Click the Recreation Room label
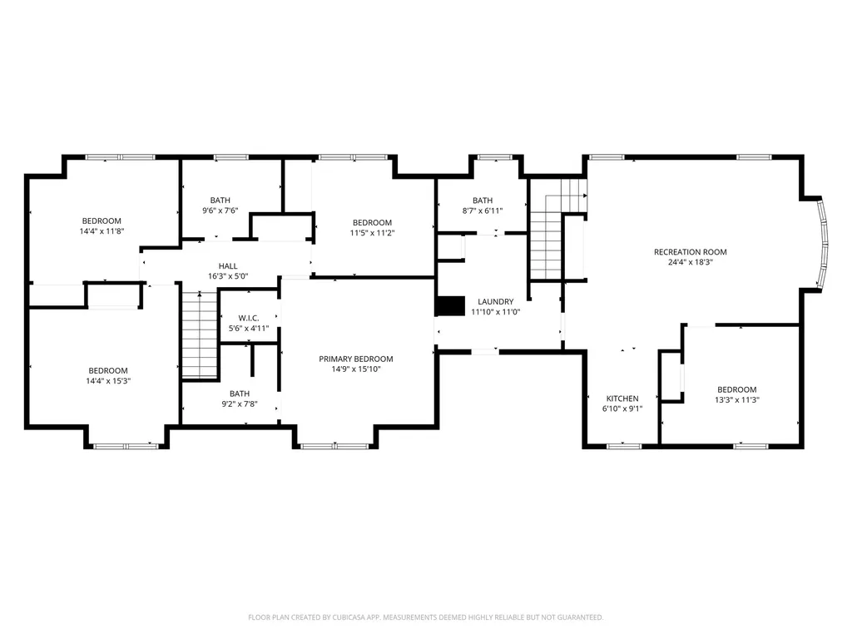(x=690, y=252)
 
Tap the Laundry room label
(x=496, y=301)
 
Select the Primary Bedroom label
(x=356, y=359)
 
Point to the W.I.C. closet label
(x=249, y=318)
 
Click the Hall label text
(x=228, y=265)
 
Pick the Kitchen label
(x=622, y=399)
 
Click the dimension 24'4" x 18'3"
(x=690, y=262)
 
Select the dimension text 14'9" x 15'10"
(x=356, y=369)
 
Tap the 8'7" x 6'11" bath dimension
(x=483, y=211)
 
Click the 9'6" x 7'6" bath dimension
(x=220, y=211)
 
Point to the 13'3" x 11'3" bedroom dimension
(x=737, y=400)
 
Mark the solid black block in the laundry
(x=450, y=306)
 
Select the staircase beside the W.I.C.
(x=200, y=334)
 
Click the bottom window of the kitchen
(x=624, y=447)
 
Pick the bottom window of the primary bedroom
(x=335, y=447)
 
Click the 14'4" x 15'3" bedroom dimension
(x=108, y=381)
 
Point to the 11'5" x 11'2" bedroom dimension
(x=372, y=233)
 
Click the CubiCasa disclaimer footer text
(x=425, y=617)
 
